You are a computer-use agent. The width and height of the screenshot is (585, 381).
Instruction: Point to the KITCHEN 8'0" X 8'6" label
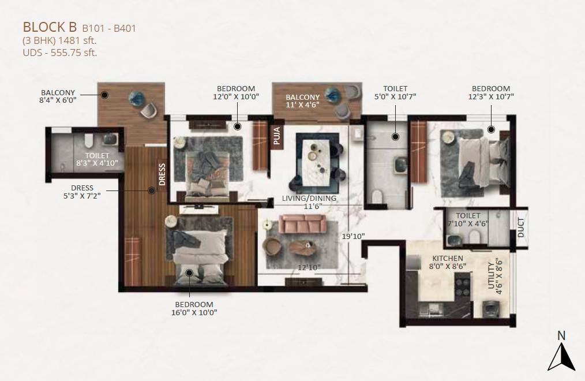[447, 263]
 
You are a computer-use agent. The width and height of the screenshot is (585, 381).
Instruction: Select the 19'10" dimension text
[352, 236]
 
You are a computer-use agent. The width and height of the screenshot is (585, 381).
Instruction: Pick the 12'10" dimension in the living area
[309, 267]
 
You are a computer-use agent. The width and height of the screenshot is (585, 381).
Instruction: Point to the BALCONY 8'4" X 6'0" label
[58, 96]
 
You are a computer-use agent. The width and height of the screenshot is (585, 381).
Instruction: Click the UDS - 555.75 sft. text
[59, 53]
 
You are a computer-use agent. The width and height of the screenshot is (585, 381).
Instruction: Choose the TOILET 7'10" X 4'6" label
[467, 221]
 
